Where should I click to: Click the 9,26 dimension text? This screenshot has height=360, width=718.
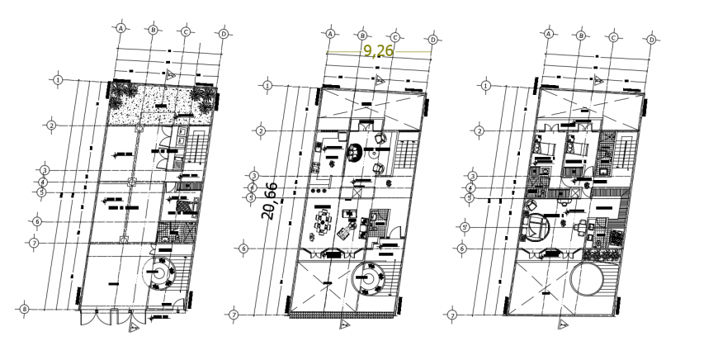(x=379, y=50)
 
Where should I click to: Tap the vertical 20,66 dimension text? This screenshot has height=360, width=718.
(x=269, y=201)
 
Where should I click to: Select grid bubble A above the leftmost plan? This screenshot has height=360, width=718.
(x=120, y=28)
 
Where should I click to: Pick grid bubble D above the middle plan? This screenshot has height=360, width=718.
(x=433, y=38)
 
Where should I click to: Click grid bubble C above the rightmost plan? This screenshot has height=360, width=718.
(x=615, y=37)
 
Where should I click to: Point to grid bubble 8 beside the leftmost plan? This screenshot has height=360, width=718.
(x=25, y=310)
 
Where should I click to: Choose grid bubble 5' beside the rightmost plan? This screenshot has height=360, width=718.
(x=465, y=227)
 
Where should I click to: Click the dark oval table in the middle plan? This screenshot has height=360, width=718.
(x=356, y=153)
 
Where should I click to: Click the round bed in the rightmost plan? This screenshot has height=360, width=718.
(x=539, y=227)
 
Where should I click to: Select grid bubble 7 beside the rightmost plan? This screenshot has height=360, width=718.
(x=452, y=315)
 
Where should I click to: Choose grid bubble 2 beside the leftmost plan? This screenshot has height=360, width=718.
(x=51, y=126)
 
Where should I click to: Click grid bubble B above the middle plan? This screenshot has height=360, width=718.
(x=362, y=36)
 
